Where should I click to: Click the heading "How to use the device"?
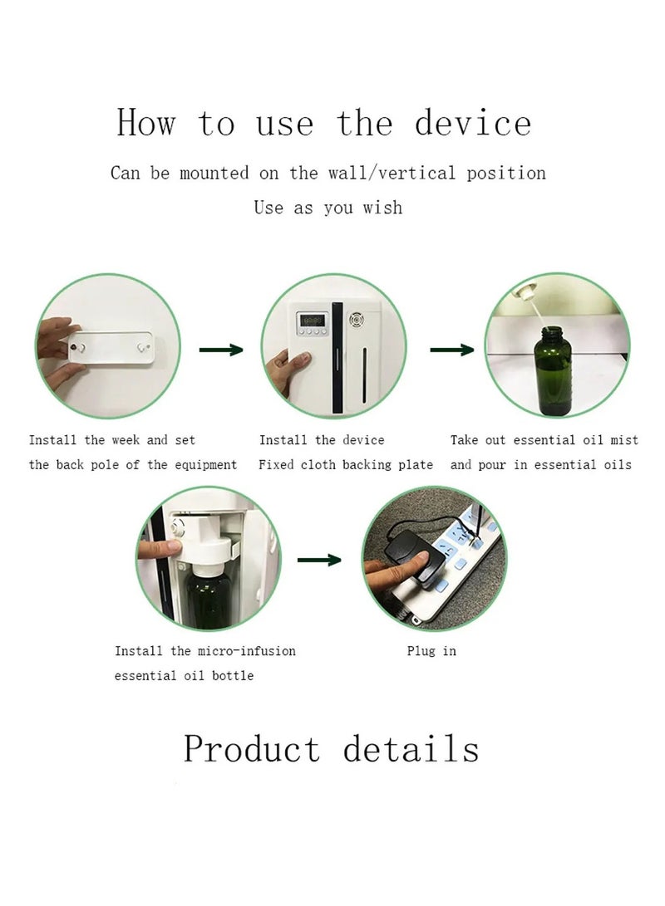323,124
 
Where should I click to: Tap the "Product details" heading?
331,748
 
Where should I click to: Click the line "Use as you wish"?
328,208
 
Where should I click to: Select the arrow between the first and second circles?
221,350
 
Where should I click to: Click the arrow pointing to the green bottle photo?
451,350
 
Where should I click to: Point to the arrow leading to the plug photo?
319,561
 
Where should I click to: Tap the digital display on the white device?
313,320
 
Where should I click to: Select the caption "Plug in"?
431,651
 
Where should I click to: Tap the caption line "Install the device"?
322,440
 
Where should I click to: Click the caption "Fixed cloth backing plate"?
345,465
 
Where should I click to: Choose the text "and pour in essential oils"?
540,465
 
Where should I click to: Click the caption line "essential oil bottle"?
184,676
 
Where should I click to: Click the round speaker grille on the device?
358,319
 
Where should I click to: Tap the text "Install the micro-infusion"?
204,651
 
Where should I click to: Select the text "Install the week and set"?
112,440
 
